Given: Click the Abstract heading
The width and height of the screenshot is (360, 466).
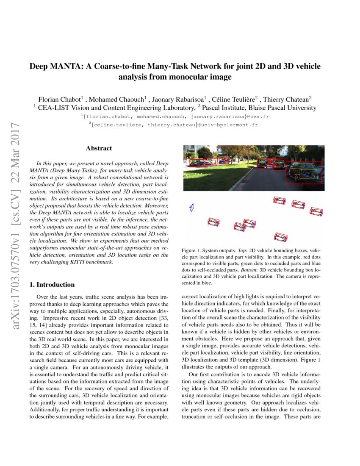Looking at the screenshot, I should [x=99, y=148].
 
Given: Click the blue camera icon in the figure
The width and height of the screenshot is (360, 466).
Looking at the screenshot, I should [x=191, y=208].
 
